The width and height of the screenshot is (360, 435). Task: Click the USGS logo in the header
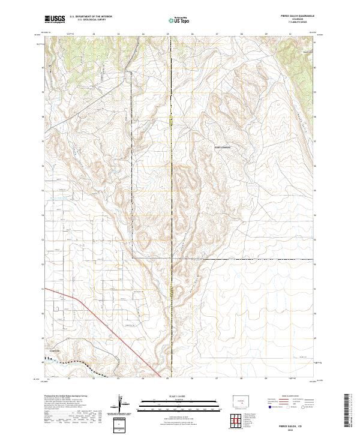[55, 19]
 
